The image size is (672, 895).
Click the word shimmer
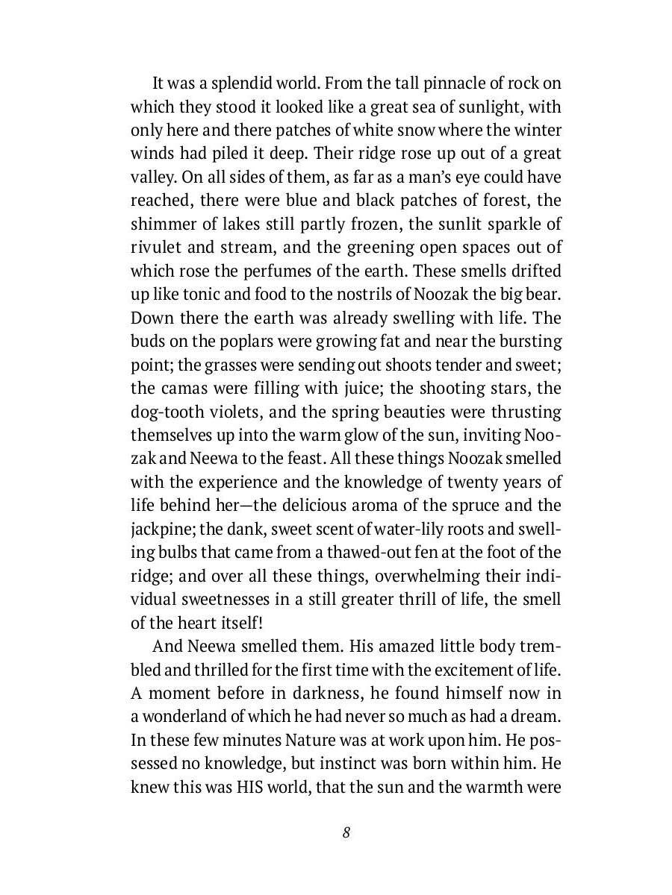tap(162, 224)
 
